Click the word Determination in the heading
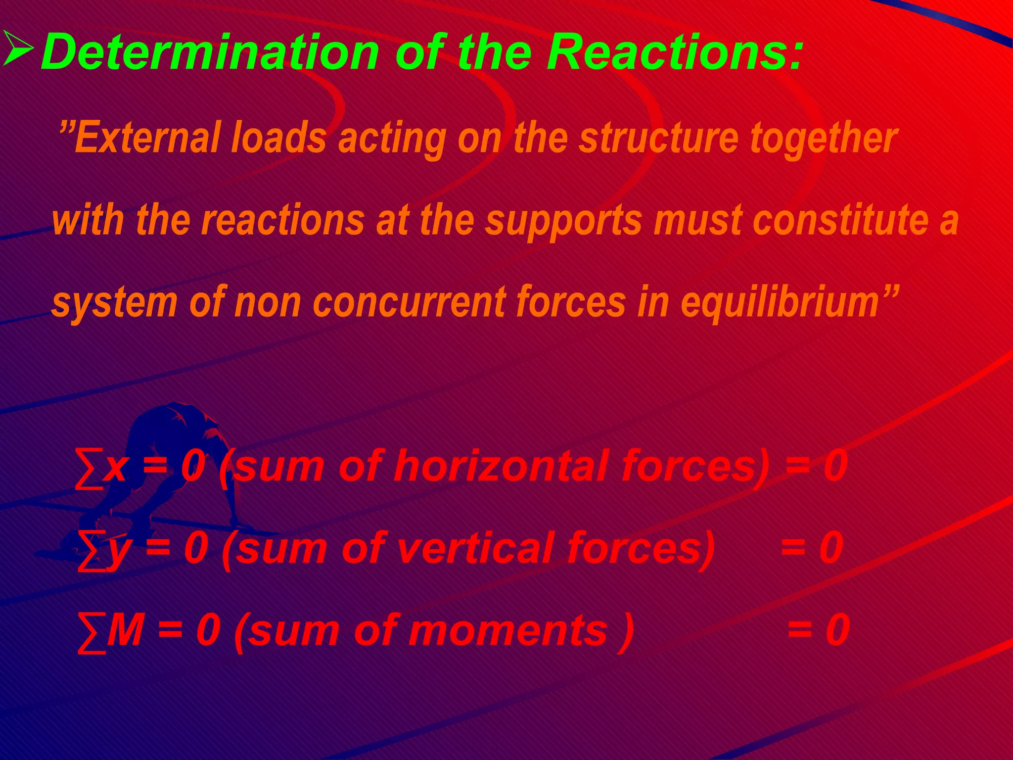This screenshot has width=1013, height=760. tap(210, 51)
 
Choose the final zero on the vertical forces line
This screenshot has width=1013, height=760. tap(831, 547)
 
